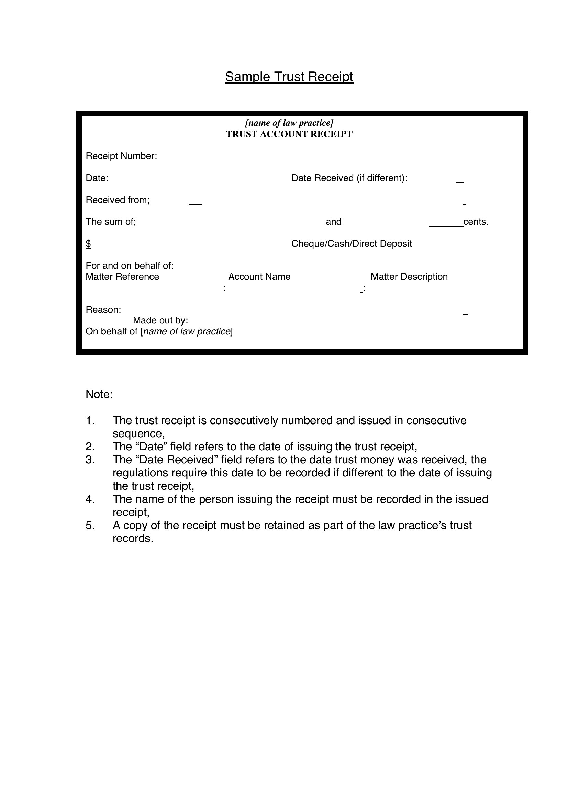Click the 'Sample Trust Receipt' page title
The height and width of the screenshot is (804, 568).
[x=289, y=77]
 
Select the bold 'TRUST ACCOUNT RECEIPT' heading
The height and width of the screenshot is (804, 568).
[x=289, y=134]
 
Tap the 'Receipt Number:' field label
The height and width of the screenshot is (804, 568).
[x=121, y=156]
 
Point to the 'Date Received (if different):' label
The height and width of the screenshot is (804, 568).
[x=349, y=178]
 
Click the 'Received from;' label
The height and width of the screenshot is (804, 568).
[x=118, y=200]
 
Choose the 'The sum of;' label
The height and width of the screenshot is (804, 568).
[x=111, y=222]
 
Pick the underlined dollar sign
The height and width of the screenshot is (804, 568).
[x=88, y=244]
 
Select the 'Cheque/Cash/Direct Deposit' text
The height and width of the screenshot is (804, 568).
[x=352, y=244]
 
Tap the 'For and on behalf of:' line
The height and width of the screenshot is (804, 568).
[x=130, y=266]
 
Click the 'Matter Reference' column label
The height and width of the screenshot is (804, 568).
[x=122, y=277]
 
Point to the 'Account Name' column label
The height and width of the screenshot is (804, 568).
[x=259, y=277]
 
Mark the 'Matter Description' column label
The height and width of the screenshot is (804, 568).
[x=409, y=277]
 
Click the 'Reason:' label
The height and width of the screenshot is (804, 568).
[x=103, y=310]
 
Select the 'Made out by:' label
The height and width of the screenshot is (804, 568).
[x=160, y=320]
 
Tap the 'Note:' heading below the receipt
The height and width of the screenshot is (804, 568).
[x=99, y=394]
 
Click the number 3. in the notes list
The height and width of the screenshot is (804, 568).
[x=90, y=460]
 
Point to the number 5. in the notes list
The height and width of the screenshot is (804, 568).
[x=90, y=525]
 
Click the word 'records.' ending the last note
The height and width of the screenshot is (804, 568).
[x=133, y=539]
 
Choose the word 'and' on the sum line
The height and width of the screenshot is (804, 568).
[x=333, y=222]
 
